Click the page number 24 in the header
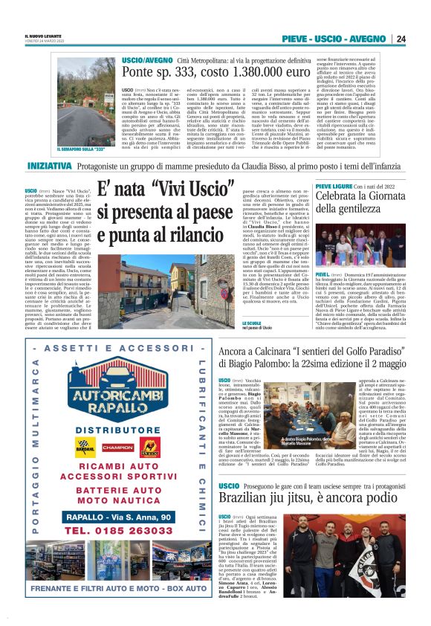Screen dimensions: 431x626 [x=401, y=39]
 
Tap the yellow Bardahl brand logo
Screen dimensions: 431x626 [x=85, y=447]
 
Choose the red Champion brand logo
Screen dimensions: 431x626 [x=117, y=448]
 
